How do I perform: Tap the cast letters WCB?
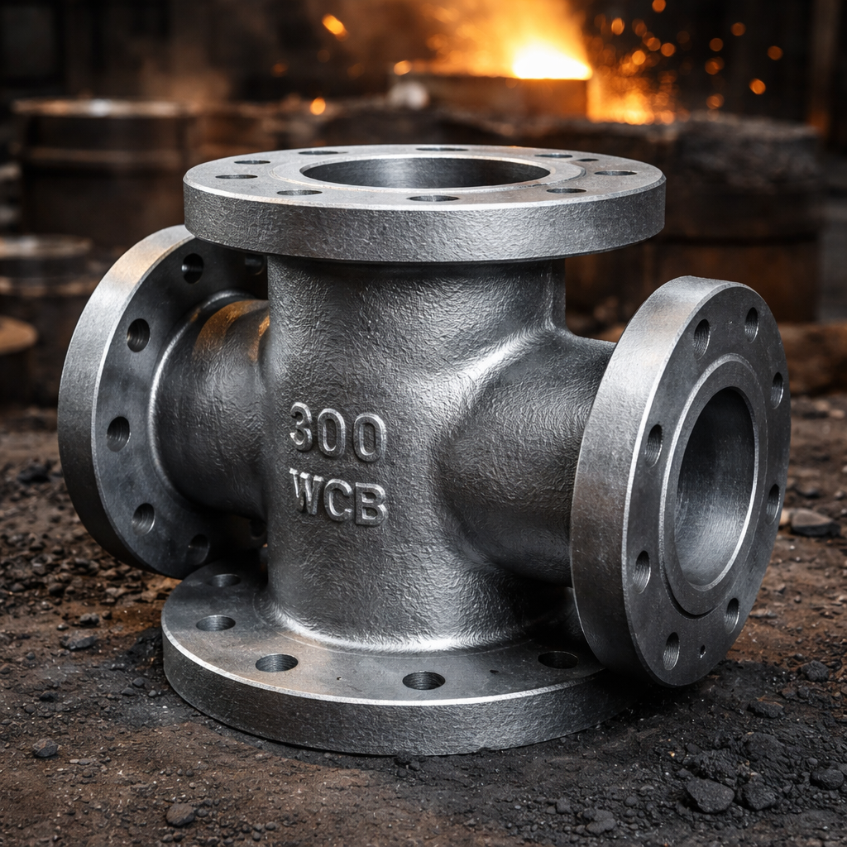coord(338,496)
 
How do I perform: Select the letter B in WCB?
coord(371,505)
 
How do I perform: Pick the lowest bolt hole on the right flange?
coord(671,651)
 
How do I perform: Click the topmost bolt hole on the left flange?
coord(193,266)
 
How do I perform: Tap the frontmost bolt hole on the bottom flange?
coord(423,680)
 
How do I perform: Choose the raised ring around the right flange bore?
coord(670,529)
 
